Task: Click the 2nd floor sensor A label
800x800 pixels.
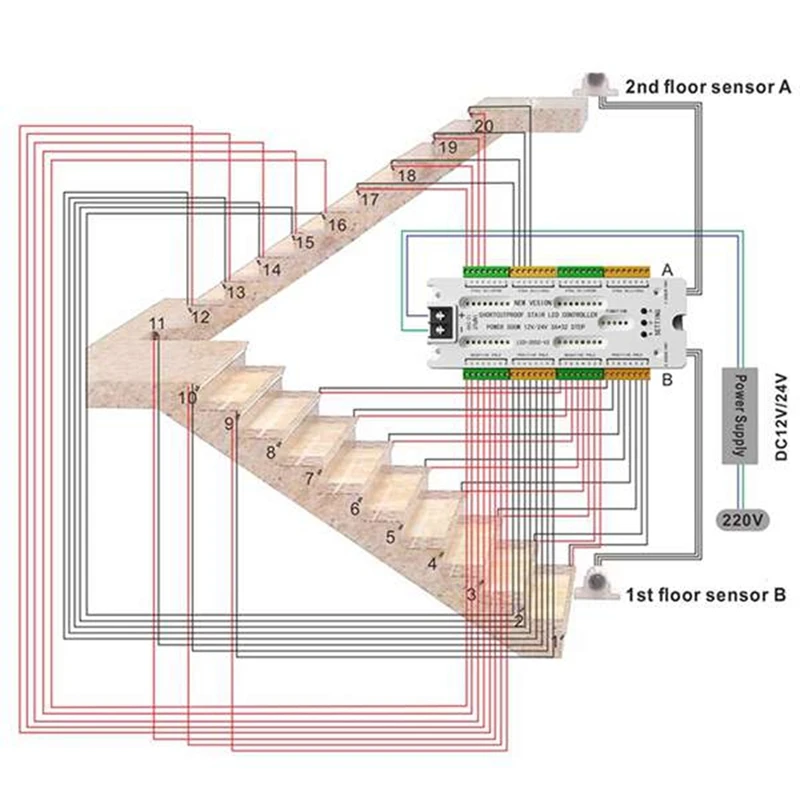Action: coord(708,87)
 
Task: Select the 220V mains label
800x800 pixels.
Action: coord(742,520)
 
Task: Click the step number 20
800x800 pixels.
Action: coord(483,127)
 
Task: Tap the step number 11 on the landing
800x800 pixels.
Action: coord(156,324)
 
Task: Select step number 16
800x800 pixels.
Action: coord(337,226)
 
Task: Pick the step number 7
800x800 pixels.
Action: coord(310,479)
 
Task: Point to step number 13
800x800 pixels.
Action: coord(236,293)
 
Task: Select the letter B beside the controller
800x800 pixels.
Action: coord(668,380)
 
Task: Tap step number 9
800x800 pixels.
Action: coord(229,423)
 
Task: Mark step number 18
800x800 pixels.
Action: coord(406,176)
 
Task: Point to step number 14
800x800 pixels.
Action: coord(271,268)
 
